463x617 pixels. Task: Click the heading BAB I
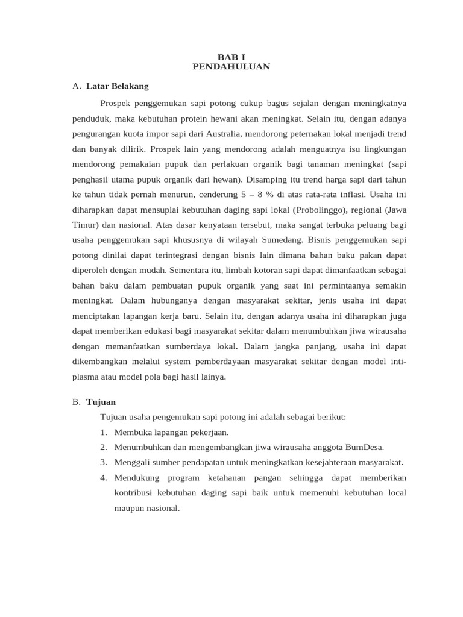(231, 57)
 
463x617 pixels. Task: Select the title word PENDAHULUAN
(231, 66)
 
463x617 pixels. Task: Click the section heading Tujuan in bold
(101, 401)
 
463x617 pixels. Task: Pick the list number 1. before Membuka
(104, 432)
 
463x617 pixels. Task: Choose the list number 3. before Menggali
(104, 462)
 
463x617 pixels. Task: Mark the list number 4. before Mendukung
(104, 478)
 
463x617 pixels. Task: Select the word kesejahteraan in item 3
(336, 462)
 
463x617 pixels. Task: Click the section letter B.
(75, 401)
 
